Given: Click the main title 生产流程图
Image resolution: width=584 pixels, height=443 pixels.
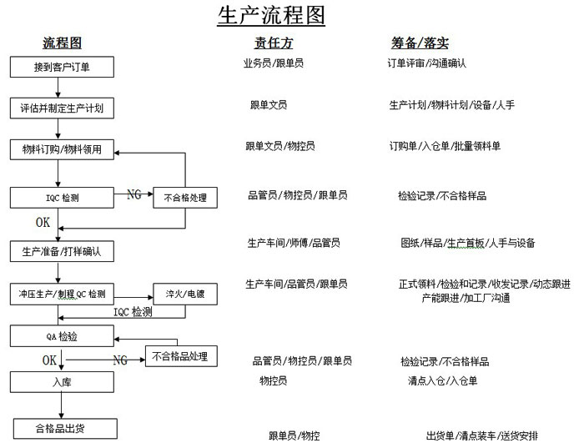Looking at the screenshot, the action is click(271, 15).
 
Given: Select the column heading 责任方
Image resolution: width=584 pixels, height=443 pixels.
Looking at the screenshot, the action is click(274, 43).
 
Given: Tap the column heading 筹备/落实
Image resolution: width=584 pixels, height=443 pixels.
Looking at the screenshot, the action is click(420, 43).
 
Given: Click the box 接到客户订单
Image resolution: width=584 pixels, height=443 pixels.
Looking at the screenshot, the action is click(62, 67).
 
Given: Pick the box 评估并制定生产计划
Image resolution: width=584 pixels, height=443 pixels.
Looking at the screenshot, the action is click(62, 108).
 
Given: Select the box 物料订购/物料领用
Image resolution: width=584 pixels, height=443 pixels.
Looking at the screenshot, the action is click(62, 149).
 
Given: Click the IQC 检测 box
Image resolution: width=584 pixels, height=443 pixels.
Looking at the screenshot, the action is click(62, 198).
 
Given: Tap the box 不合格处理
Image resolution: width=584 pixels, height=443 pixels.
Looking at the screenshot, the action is click(185, 198).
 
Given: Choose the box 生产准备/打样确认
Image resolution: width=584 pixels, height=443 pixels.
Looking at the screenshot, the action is click(62, 251).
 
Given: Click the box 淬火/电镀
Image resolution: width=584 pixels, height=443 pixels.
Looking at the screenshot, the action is click(185, 294).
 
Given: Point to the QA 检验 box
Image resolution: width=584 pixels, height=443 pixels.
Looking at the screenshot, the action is click(62, 336).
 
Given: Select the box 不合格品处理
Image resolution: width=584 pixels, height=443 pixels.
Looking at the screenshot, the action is click(181, 356).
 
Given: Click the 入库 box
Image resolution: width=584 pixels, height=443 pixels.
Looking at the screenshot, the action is click(62, 382).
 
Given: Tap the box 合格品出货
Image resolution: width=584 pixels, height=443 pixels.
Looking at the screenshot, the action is click(65, 429).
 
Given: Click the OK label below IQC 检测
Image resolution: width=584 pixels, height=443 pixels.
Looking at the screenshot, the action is click(43, 223).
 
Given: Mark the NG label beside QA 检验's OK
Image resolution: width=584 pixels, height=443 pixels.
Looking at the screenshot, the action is click(120, 360).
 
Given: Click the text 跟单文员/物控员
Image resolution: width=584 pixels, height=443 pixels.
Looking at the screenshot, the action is click(280, 146).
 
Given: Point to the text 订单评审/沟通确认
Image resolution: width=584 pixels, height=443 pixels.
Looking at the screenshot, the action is click(427, 63).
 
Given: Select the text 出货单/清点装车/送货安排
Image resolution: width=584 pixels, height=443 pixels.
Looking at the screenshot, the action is click(482, 435).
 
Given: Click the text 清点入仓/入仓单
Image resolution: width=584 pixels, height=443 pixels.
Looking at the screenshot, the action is click(442, 380).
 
